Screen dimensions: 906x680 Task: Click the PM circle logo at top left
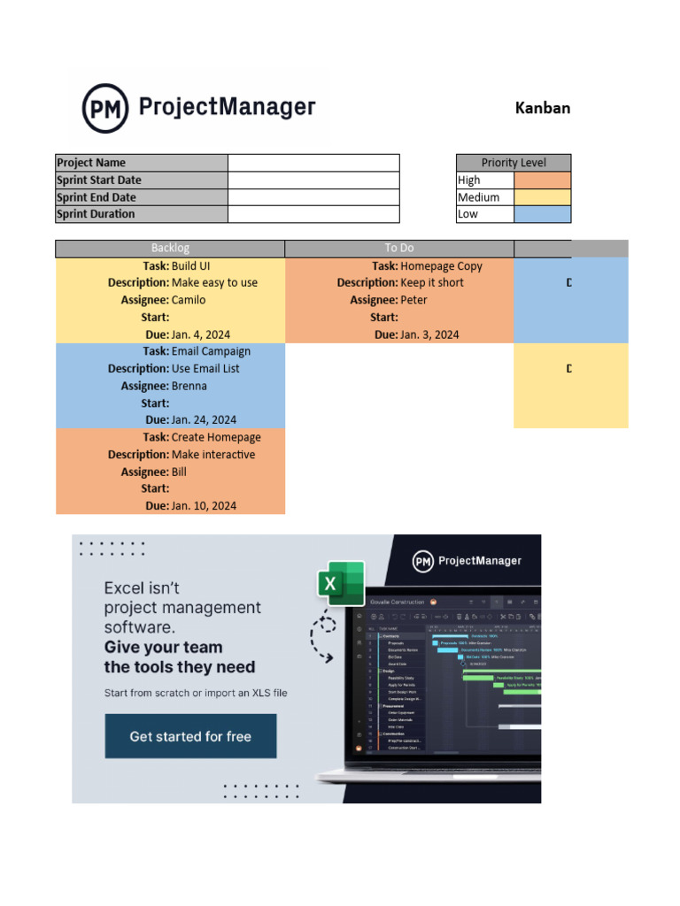(x=104, y=108)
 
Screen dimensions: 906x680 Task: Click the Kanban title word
(x=542, y=108)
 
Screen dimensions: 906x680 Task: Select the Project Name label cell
(x=142, y=163)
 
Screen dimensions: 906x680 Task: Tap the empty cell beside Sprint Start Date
(x=313, y=180)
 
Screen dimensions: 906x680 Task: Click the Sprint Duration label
(x=142, y=214)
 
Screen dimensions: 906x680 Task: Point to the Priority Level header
(x=514, y=163)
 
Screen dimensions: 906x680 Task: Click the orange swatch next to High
(x=542, y=180)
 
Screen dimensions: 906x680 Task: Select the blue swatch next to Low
(x=542, y=214)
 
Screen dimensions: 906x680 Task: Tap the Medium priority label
(x=478, y=197)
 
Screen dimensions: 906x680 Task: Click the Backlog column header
(x=170, y=249)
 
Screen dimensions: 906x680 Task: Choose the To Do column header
(x=398, y=249)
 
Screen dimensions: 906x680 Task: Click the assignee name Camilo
(x=189, y=300)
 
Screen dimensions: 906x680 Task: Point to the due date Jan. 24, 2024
(x=204, y=420)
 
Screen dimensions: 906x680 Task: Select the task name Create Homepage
(x=216, y=437)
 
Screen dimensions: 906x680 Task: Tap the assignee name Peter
(x=413, y=300)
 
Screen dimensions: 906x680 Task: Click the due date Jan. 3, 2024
(x=429, y=334)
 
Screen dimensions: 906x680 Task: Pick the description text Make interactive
(x=213, y=455)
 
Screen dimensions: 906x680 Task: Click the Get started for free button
(x=190, y=736)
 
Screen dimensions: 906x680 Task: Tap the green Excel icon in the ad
(x=341, y=583)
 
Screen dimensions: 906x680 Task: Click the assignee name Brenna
(x=189, y=386)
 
